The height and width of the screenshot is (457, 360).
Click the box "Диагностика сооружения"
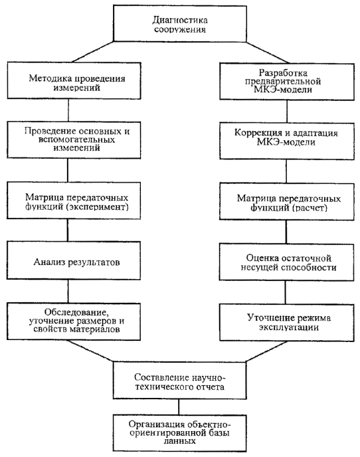tap(180, 24)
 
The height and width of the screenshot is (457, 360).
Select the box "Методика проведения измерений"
tap(74, 81)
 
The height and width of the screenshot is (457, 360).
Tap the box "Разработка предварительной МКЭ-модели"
tap(287, 82)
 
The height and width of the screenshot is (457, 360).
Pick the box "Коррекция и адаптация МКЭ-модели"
tap(287, 141)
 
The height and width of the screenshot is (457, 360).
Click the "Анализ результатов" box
tap(74, 260)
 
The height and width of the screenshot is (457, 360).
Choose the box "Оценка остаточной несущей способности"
tap(286, 262)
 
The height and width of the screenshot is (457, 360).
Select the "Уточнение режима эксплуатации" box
tap(287, 323)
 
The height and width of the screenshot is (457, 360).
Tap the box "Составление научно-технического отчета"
tap(179, 381)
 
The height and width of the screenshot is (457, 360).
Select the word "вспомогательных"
tap(76, 139)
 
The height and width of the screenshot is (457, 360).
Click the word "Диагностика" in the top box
tap(180, 20)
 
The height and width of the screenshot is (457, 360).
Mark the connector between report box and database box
tap(179, 407)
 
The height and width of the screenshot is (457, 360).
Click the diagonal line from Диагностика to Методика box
tap(92, 52)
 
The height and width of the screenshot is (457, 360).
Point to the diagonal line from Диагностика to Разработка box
tap(268, 52)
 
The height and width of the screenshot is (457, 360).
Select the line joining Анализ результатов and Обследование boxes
tap(68, 291)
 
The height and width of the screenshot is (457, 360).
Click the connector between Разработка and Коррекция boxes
tap(287, 112)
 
